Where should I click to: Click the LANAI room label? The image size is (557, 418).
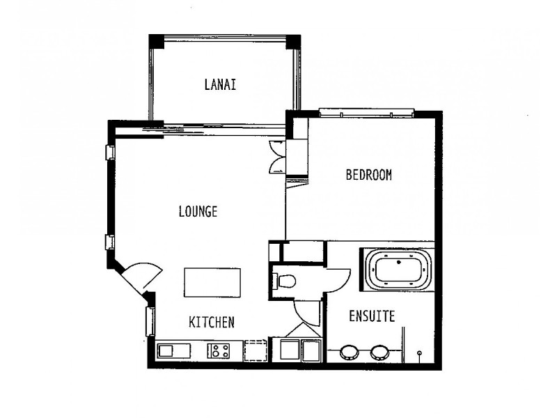(x=220, y=84)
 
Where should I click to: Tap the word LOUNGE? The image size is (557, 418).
(x=198, y=212)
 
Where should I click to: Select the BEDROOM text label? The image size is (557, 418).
(x=369, y=175)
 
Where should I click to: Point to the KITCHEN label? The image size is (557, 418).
(x=212, y=322)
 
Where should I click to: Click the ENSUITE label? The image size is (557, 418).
(x=372, y=316)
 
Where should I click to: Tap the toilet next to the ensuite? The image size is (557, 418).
(x=284, y=281)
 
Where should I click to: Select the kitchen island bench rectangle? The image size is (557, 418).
(x=212, y=283)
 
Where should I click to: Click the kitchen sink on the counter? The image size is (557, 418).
(x=173, y=351)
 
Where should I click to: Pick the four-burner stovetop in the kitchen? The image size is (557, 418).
(x=219, y=351)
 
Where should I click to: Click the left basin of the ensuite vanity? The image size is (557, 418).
(x=349, y=352)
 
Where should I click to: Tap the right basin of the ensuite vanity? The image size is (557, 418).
(x=379, y=352)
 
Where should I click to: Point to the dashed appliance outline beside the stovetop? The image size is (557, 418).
(x=255, y=351)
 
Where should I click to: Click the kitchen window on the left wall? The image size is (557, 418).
(x=150, y=321)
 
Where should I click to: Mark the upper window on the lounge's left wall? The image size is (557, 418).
(x=110, y=152)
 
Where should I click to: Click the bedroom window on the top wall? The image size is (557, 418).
(x=367, y=113)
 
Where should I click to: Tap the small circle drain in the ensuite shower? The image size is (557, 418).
(x=420, y=353)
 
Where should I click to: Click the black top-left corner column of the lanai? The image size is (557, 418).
(x=156, y=42)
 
